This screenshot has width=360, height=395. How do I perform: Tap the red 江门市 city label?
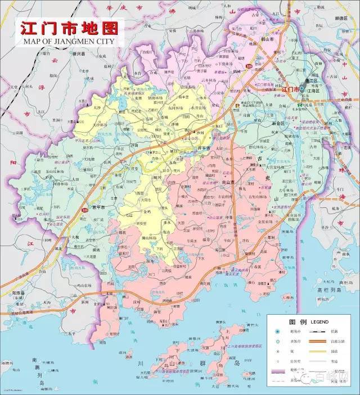290,89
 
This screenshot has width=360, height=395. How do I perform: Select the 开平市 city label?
200,148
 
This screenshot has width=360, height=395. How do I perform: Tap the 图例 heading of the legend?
298,321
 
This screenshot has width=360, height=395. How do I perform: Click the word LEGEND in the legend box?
319,321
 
